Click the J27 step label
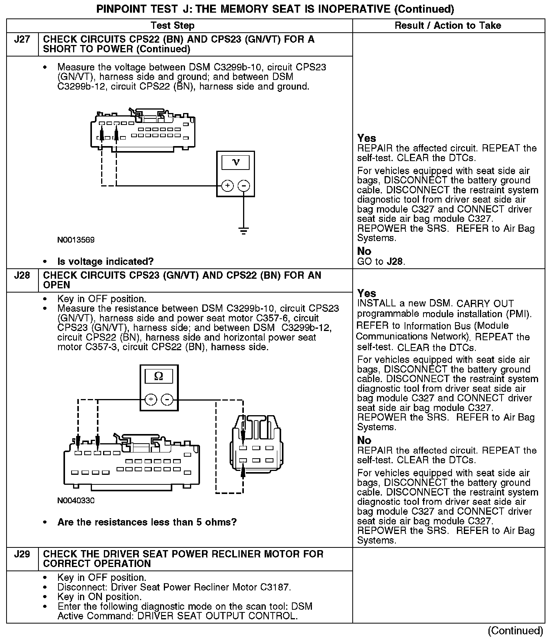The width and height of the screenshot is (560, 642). click(22, 40)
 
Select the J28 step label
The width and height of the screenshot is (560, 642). click(22, 276)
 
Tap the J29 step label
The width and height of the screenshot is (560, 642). click(22, 554)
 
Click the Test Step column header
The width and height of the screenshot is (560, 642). click(173, 26)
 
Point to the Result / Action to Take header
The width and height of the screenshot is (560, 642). click(448, 26)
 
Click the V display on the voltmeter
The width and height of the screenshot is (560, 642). click(236, 162)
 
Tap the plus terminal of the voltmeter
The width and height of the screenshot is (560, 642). click(228, 186)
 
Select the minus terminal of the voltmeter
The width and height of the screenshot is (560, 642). click(244, 186)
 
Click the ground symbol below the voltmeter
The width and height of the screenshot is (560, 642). click(243, 231)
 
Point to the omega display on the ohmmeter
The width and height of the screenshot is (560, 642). click(158, 376)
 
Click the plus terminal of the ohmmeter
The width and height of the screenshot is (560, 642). click(151, 400)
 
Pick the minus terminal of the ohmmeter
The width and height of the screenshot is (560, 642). click(167, 400)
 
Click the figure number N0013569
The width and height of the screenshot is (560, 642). click(76, 240)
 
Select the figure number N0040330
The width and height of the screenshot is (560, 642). click(76, 501)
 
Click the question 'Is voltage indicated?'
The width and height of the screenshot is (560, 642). click(105, 262)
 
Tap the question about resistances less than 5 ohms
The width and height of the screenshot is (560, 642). click(147, 522)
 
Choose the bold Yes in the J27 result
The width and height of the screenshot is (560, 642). click(367, 138)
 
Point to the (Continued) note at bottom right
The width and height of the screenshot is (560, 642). click(515, 631)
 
